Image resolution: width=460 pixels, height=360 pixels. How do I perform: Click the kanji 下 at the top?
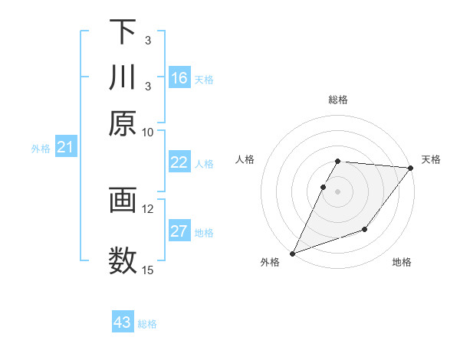123,32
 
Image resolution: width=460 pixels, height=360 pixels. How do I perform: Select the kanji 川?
123,78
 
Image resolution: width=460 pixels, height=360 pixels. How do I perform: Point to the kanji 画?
123,201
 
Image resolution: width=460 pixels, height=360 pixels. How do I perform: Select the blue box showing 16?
179,78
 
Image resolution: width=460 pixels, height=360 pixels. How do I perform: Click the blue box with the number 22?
179,162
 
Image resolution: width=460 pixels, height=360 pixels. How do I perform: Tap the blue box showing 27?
179,231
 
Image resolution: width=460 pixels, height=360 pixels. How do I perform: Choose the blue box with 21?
65,147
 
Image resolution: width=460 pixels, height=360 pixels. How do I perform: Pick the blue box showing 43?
123,322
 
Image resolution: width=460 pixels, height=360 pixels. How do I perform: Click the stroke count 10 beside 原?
148,133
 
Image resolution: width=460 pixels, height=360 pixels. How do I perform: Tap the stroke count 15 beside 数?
148,270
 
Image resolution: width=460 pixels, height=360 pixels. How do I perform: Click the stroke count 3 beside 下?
148,40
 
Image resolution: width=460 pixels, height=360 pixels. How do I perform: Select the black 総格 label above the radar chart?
338,100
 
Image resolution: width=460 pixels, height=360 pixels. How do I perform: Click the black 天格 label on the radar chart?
431,159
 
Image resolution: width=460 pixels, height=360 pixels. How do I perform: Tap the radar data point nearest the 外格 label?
292,253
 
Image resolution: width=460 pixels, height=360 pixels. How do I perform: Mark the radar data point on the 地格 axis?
365,229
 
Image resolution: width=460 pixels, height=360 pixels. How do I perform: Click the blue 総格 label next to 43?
147,324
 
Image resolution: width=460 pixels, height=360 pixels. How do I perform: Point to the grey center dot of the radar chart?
338,191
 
